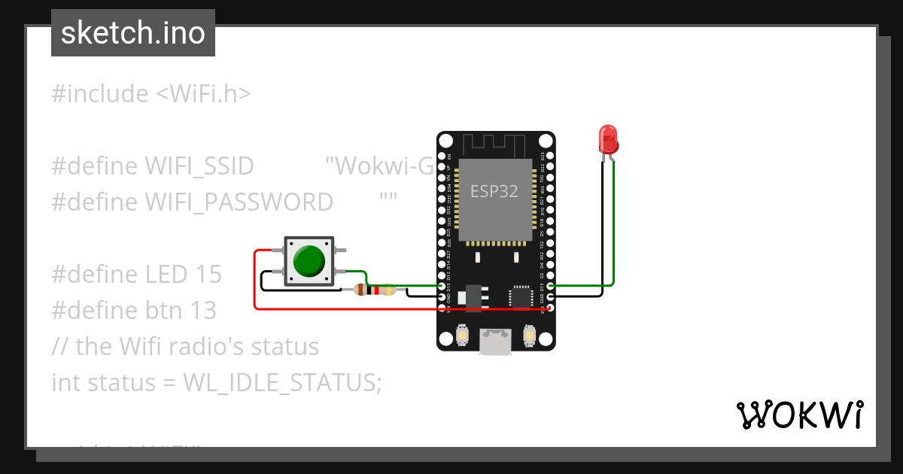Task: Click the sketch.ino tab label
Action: (132, 33)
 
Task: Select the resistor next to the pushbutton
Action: (374, 290)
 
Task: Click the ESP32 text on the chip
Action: (494, 191)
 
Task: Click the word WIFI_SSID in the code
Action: (199, 166)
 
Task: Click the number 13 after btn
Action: (202, 311)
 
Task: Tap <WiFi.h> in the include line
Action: (203, 94)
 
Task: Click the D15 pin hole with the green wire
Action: (551, 286)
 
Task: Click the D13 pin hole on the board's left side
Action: (442, 286)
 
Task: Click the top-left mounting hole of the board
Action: (446, 141)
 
